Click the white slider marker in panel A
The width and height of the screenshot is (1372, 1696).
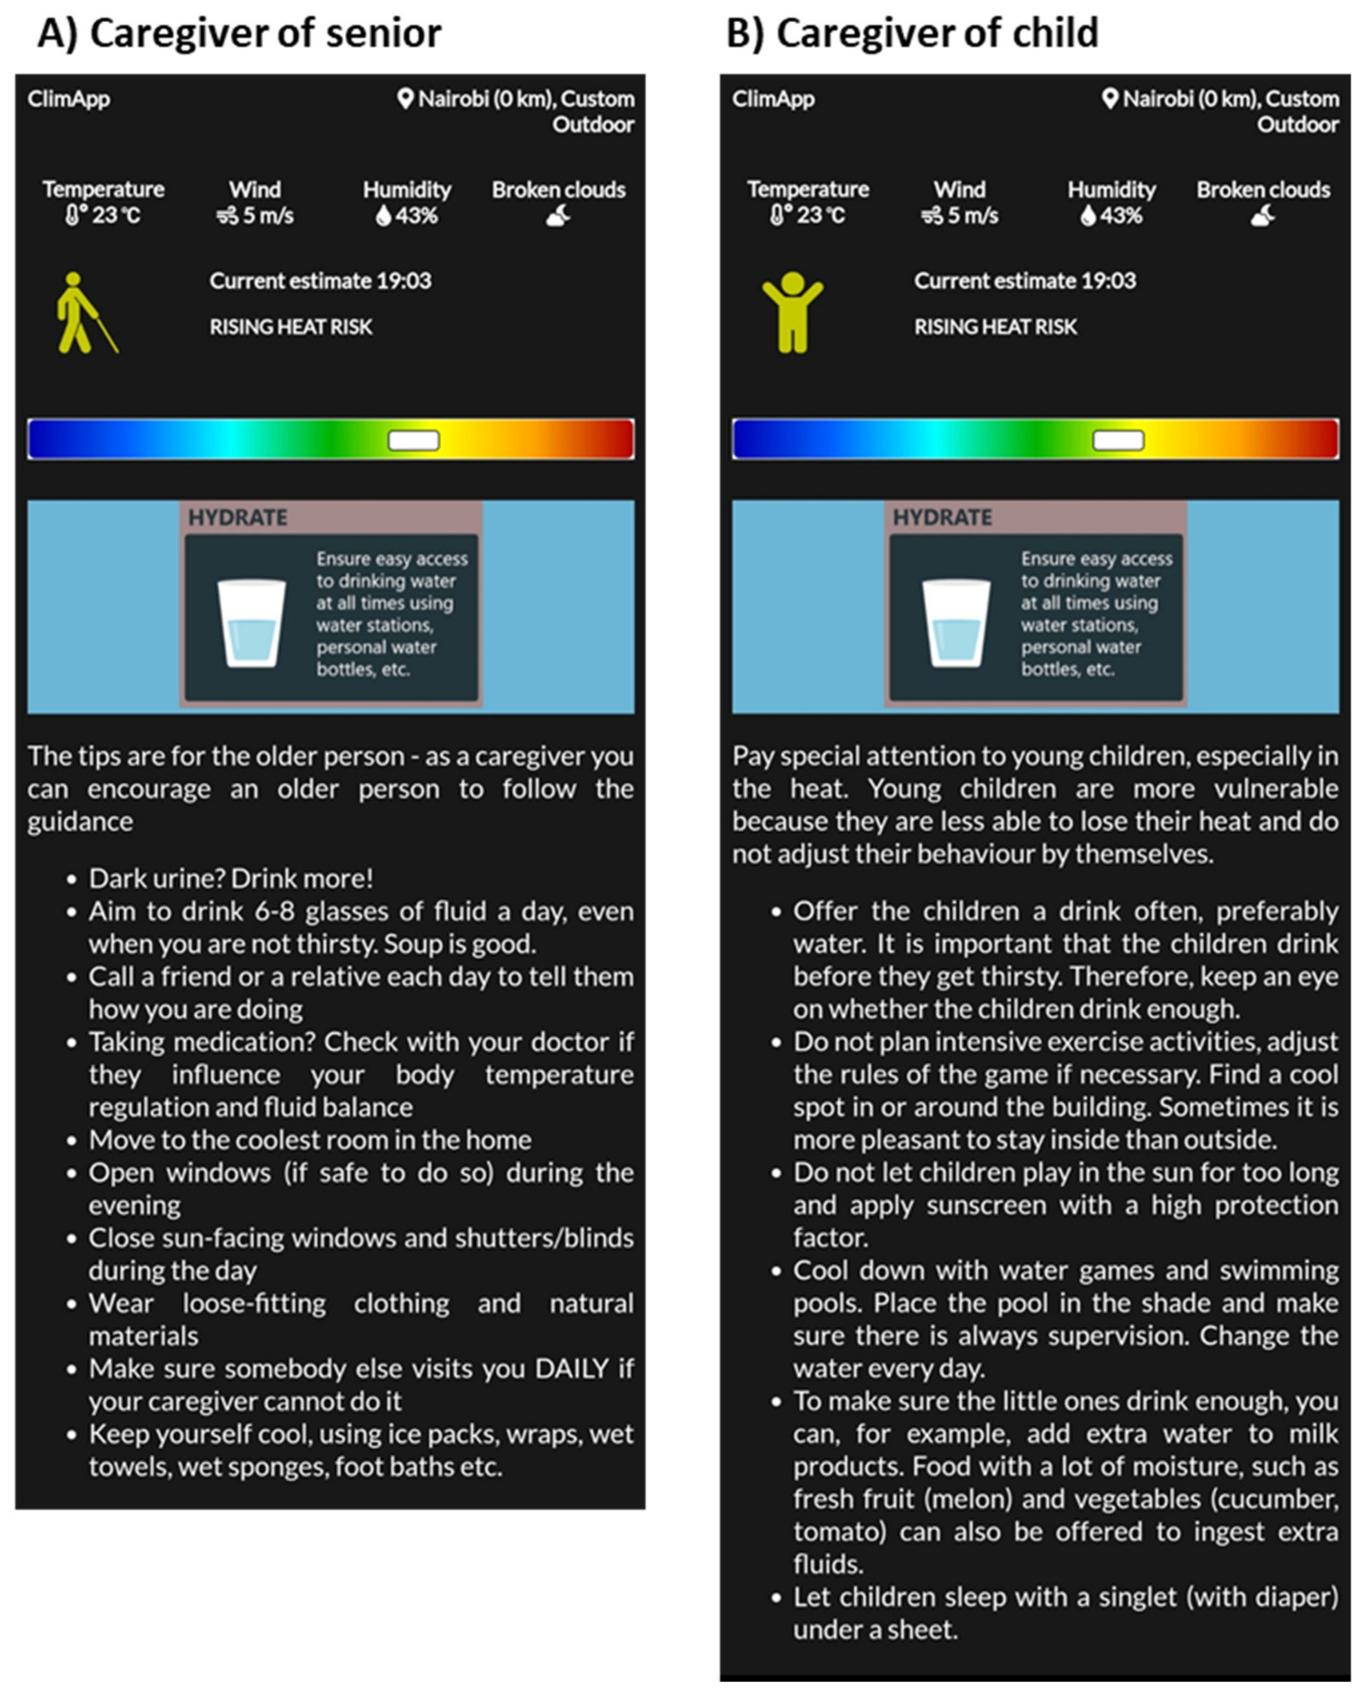413,440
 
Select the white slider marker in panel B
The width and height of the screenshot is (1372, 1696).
1117,440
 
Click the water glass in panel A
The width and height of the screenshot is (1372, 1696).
251,623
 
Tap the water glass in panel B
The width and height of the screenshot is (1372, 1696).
955,623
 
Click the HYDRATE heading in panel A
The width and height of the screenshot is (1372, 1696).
237,518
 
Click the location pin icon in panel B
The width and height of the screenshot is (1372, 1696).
1110,99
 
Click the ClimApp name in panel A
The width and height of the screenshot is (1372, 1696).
69,99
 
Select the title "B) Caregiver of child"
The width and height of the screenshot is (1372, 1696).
912,33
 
